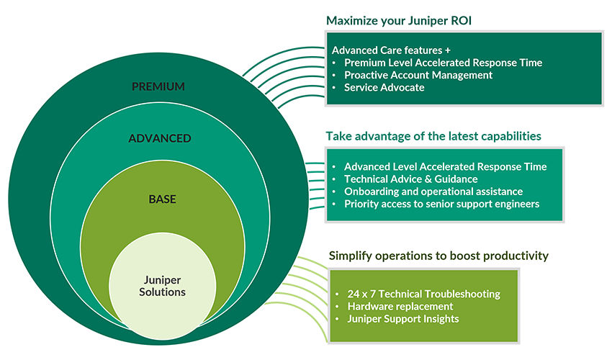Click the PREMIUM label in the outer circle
click(x=158, y=87)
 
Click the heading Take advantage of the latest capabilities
click(x=433, y=135)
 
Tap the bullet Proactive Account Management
click(x=418, y=75)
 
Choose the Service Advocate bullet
click(x=384, y=87)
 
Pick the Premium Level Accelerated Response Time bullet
click(x=443, y=63)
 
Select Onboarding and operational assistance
click(x=433, y=192)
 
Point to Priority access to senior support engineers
click(x=441, y=204)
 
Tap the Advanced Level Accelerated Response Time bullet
click(x=445, y=167)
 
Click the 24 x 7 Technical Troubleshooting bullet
click(x=423, y=294)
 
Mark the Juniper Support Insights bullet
click(x=402, y=318)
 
